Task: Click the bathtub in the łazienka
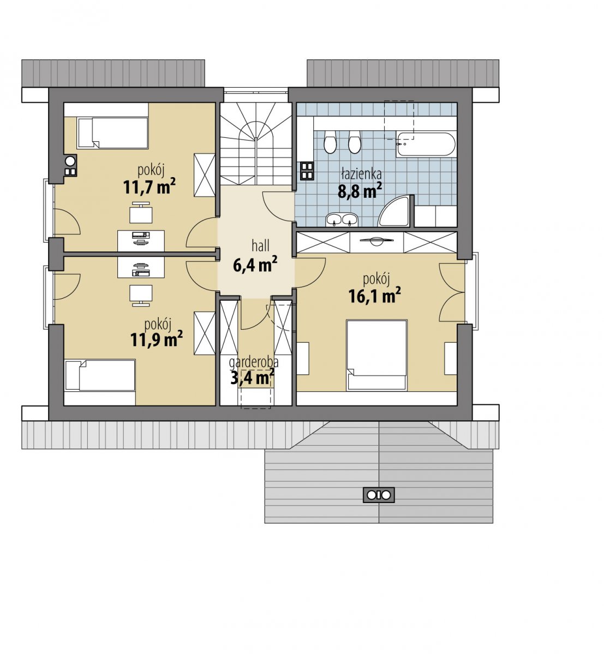pyautogui.click(x=426, y=144)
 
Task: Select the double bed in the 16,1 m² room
pyautogui.click(x=376, y=355)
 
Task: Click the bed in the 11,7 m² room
pyautogui.click(x=112, y=133)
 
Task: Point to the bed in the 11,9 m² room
pyautogui.click(x=100, y=375)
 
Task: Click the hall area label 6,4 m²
pyautogui.click(x=255, y=265)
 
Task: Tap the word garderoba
pyautogui.click(x=254, y=362)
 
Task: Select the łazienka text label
pyautogui.click(x=361, y=173)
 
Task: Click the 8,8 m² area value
pyautogui.click(x=360, y=191)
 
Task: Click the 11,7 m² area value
pyautogui.click(x=149, y=187)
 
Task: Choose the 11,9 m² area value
pyautogui.click(x=157, y=339)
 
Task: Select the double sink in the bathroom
pyautogui.click(x=342, y=220)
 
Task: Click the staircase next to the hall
pyautogui.click(x=255, y=144)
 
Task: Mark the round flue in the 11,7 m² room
pyautogui.click(x=70, y=161)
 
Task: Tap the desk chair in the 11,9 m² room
pyautogui.click(x=141, y=295)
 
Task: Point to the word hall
pyautogui.click(x=260, y=246)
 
